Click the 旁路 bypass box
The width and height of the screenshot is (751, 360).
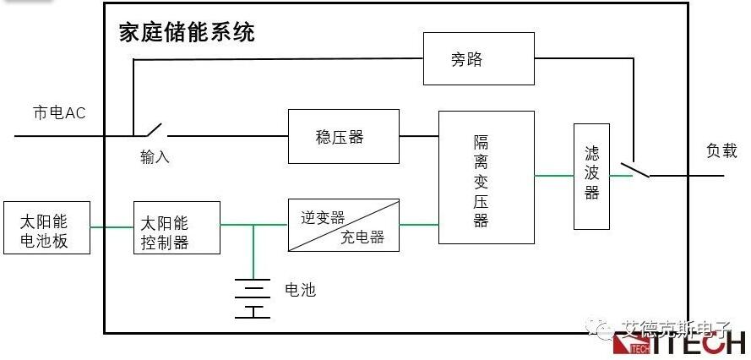[478, 58]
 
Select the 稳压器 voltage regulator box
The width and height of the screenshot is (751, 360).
[343, 136]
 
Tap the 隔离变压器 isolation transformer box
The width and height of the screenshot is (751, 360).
[486, 177]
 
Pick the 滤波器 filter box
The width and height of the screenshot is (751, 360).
[591, 177]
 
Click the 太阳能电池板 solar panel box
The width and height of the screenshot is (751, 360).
[46, 227]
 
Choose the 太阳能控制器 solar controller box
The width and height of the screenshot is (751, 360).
[177, 227]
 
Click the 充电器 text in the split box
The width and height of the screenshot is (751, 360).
[363, 237]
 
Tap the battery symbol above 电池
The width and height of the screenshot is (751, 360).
[253, 297]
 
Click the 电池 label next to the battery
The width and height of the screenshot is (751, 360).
[300, 290]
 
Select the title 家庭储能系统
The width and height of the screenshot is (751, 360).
[187, 33]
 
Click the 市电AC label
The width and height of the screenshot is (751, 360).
[59, 113]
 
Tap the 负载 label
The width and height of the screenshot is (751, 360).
[721, 151]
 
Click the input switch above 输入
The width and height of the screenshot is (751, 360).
[150, 131]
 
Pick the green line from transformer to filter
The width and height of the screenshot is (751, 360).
[553, 176]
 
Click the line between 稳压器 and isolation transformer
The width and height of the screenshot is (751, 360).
[419, 136]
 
